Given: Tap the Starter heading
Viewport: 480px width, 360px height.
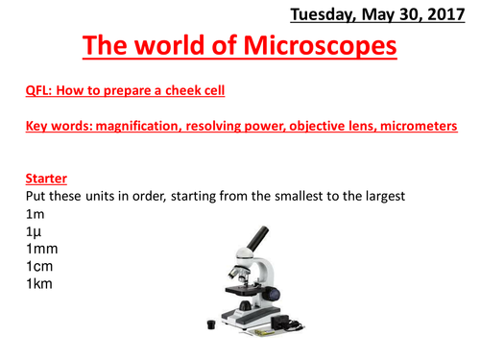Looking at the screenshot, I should pyautogui.click(x=43, y=179).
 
